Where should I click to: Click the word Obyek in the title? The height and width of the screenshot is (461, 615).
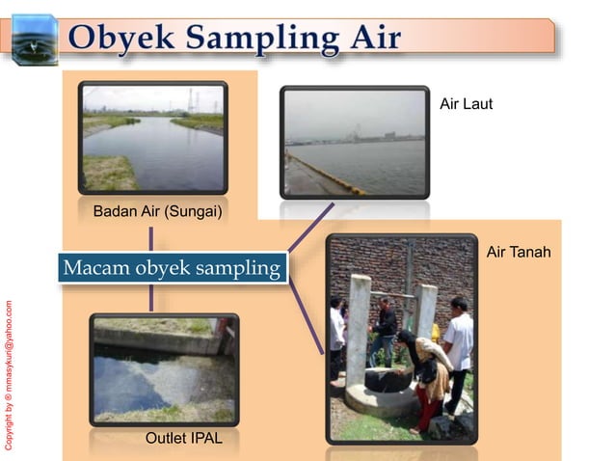(x=118, y=40)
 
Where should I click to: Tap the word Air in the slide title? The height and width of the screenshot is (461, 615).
(x=371, y=40)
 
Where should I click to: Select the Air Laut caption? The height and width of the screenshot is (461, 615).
(x=466, y=103)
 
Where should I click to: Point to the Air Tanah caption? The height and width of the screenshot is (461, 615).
(x=518, y=253)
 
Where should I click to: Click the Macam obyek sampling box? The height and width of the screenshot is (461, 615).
(x=172, y=267)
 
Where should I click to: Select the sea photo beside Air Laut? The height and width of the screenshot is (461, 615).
(x=354, y=142)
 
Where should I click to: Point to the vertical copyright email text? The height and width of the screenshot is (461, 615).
(x=9, y=376)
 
